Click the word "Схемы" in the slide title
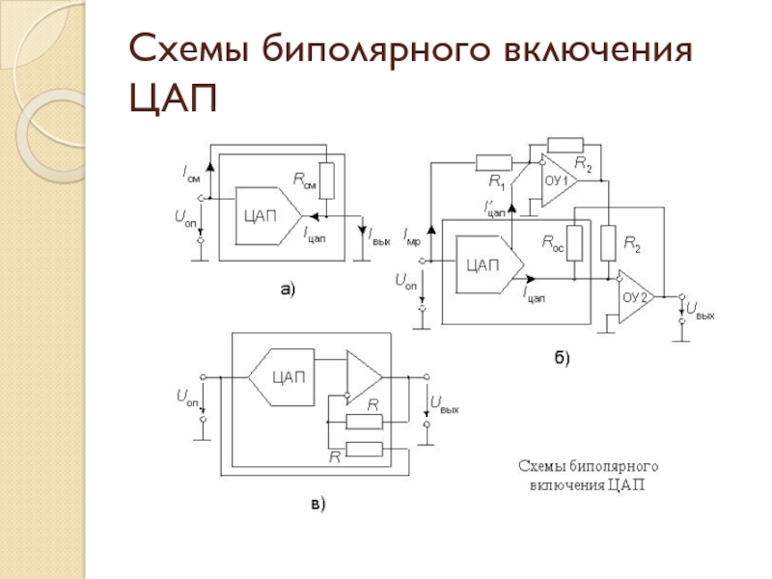(x=188, y=49)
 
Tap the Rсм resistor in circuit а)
(x=326, y=180)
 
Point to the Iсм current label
(x=191, y=175)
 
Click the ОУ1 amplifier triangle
(x=560, y=180)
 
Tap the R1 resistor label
(x=497, y=182)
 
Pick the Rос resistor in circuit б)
(x=574, y=243)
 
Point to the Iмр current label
(x=412, y=236)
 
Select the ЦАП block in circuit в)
(x=282, y=377)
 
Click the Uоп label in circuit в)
(x=187, y=397)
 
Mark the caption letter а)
(x=288, y=289)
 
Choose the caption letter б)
(x=563, y=357)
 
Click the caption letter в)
(x=318, y=504)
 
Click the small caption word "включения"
(x=567, y=485)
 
